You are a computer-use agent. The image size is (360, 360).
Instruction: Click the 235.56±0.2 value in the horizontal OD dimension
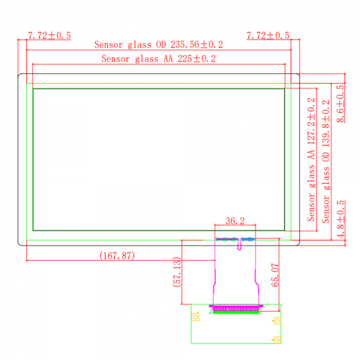click(196, 45)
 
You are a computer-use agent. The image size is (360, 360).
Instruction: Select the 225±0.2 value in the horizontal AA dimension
click(196, 59)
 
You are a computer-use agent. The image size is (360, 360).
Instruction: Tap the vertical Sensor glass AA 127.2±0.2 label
click(311, 160)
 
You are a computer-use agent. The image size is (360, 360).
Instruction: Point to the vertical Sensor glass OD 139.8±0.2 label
click(326, 162)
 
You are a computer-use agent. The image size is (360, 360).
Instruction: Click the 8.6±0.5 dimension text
click(340, 104)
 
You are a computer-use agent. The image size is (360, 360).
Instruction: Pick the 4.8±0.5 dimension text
click(340, 219)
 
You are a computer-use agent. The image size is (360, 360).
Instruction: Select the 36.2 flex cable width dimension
click(235, 221)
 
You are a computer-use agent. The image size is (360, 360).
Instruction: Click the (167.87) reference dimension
click(117, 256)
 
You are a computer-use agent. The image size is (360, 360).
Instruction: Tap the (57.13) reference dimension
click(177, 272)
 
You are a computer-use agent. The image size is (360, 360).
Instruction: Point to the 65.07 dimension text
click(275, 275)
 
